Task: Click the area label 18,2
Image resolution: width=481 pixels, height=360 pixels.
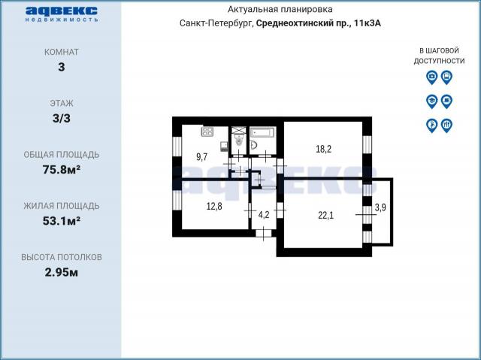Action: tap(323, 150)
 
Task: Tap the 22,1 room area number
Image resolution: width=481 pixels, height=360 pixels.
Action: tap(325, 216)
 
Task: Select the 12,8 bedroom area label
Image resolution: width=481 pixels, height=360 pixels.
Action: tap(214, 207)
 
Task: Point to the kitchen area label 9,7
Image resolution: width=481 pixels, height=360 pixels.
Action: tap(202, 157)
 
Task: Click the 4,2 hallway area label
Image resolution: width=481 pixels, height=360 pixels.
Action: tap(264, 215)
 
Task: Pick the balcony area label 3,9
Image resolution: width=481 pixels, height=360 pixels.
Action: tap(380, 207)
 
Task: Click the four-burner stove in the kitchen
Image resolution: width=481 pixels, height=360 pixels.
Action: tap(207, 132)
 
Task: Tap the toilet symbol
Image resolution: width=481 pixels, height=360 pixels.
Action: tap(238, 141)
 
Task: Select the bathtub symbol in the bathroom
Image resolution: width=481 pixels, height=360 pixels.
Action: tap(263, 133)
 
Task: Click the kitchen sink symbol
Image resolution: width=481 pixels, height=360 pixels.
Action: tap(224, 147)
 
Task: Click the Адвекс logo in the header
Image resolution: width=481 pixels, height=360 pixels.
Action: tap(62, 14)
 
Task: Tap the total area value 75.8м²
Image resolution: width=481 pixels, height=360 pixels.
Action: tap(62, 170)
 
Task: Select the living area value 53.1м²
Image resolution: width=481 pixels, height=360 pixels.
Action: tap(62, 221)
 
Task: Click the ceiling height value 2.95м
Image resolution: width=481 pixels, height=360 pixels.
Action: tap(62, 272)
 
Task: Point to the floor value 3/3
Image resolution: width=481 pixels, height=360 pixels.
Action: tap(62, 118)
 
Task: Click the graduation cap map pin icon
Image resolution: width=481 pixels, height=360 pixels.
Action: tap(431, 101)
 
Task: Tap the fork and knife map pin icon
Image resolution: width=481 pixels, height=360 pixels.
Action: tap(446, 126)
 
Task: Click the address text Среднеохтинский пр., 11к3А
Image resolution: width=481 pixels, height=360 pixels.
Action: tap(319, 23)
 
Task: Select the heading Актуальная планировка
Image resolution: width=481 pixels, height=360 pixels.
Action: tap(280, 10)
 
